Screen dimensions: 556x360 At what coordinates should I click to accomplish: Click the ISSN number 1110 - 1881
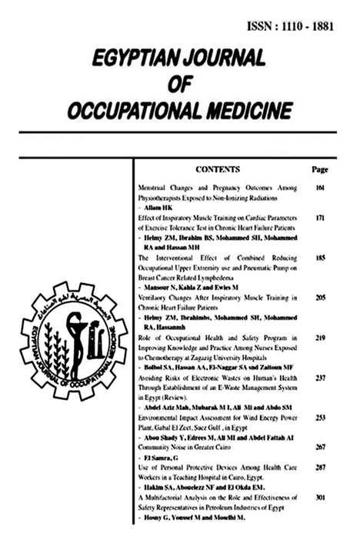(x=315, y=25)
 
